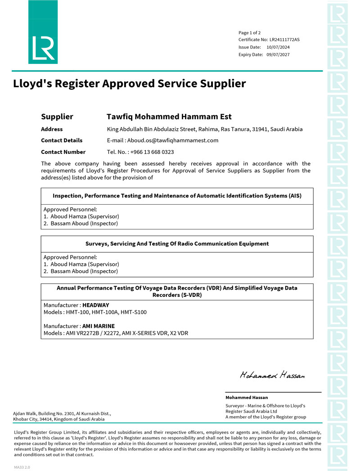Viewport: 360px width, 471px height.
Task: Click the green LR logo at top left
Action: click(x=43, y=32)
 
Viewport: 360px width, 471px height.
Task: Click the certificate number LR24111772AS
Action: click(x=284, y=40)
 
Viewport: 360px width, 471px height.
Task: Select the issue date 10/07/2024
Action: click(x=278, y=47)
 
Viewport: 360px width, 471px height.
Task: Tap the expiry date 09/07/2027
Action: click(x=278, y=54)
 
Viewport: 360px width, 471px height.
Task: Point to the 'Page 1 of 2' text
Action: click(x=250, y=32)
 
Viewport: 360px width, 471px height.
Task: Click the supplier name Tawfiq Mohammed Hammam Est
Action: click(x=169, y=117)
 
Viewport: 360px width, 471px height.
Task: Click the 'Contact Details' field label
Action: click(x=62, y=140)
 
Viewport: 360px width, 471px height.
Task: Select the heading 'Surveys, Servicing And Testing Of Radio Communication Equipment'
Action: click(x=177, y=244)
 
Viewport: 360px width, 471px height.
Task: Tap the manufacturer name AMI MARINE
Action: click(x=98, y=326)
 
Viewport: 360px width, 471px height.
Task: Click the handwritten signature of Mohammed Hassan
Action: click(x=272, y=375)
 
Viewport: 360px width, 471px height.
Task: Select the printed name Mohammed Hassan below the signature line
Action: click(x=247, y=398)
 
